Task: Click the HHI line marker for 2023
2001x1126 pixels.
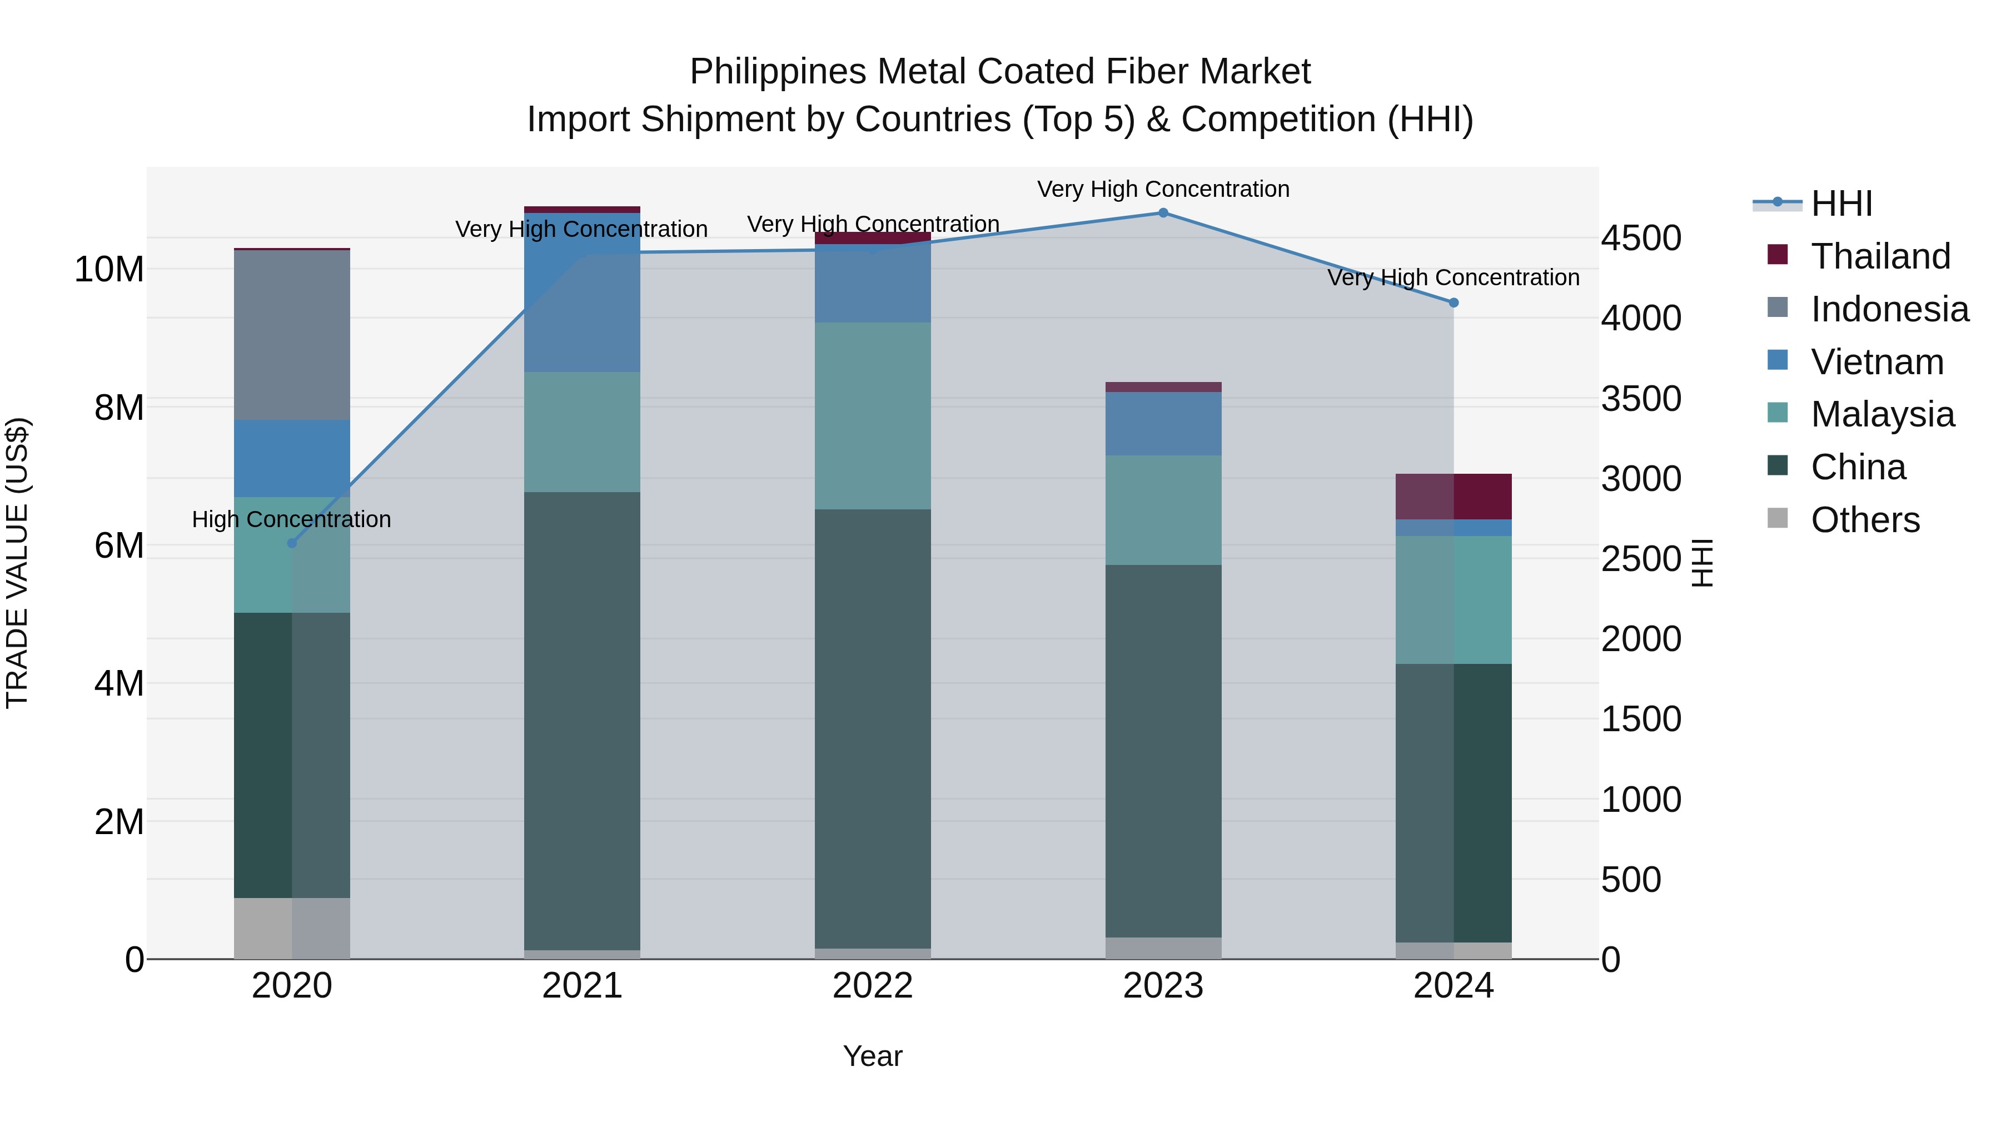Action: click(1163, 212)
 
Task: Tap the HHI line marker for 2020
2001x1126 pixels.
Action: click(292, 543)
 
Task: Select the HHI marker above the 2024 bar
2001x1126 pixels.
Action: click(1454, 302)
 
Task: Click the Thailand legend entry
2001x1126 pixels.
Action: click(1880, 256)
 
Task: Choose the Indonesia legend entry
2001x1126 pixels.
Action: click(1889, 309)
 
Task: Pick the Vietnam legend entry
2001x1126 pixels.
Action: click(1876, 362)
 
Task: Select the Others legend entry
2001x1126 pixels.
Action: click(1864, 520)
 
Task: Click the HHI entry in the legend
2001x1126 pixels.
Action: click(1841, 204)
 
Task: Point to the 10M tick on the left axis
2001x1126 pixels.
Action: click(109, 270)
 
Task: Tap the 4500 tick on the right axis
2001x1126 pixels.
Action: click(1641, 238)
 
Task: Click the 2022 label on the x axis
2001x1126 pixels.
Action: click(872, 986)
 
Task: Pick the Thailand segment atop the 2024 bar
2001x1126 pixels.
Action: click(1454, 496)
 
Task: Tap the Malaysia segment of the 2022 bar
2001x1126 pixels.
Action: click(872, 416)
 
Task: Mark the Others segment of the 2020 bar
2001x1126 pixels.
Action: click(292, 928)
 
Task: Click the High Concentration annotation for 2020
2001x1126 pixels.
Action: click(291, 519)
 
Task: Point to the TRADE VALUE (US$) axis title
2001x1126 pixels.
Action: click(17, 563)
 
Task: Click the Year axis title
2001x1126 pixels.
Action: click(872, 1056)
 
